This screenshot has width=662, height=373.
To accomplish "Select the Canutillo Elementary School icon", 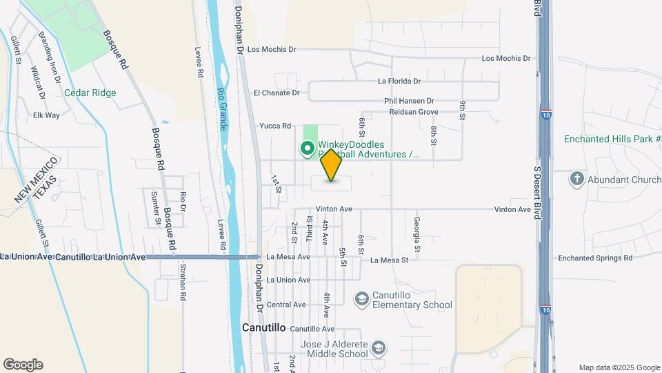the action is (x=361, y=299).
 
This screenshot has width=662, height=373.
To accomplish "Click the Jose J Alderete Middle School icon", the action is (x=377, y=347).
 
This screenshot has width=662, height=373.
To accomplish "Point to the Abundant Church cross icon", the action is (x=576, y=180).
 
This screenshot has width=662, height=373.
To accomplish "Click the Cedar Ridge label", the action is (x=90, y=93).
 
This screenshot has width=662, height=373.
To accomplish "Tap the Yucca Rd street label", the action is (x=276, y=126).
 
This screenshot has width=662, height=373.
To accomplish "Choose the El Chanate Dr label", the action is (x=277, y=93).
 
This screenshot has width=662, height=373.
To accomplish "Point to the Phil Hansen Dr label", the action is (x=409, y=101).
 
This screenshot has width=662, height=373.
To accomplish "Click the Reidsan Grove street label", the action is (x=414, y=111).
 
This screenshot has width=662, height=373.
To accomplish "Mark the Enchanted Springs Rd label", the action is (x=595, y=258).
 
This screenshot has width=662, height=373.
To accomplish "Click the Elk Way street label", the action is (x=46, y=115).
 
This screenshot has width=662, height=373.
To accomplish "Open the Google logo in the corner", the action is (x=23, y=364).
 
